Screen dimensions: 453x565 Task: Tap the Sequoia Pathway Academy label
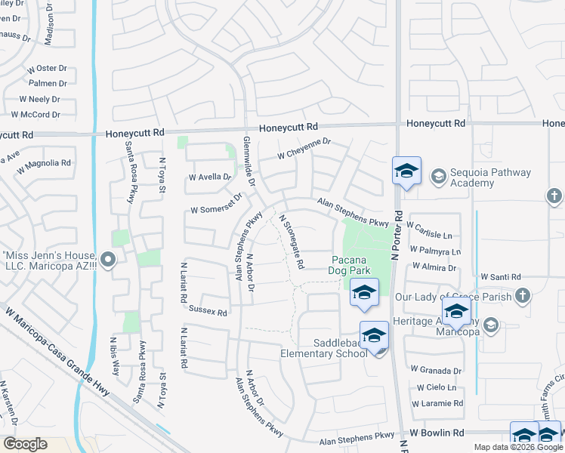[490, 177]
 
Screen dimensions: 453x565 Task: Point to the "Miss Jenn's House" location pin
[107, 261]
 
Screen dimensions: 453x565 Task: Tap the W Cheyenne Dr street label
[304, 148]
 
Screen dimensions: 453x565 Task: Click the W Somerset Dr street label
[215, 203]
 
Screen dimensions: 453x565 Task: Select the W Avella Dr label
[209, 177]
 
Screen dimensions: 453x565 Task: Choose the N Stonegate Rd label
[292, 242]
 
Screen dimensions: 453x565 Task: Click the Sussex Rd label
[208, 310]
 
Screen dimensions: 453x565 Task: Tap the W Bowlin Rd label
[437, 433]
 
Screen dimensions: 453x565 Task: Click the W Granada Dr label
[436, 371]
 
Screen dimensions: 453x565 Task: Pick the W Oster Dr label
[48, 68]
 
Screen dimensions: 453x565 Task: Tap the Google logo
[25, 444]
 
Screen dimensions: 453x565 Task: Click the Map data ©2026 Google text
[517, 447]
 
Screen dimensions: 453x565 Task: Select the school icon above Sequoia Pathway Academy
[406, 171]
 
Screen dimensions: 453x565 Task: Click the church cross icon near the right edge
[554, 196]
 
